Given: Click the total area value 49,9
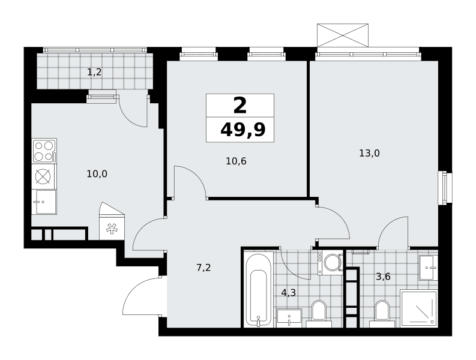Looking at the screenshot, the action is click(x=243, y=130).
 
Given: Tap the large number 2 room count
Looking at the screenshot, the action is click(x=240, y=106).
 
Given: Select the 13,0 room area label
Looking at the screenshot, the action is click(x=369, y=153).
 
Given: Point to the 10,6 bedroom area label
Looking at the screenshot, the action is click(x=236, y=161).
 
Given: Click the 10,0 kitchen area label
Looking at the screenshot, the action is click(x=97, y=174).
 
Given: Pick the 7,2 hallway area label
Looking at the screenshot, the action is click(x=203, y=268).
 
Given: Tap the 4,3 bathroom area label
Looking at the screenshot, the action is click(x=288, y=293).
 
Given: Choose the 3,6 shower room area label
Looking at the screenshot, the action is click(x=383, y=277).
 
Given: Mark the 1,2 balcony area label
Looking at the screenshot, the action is click(x=94, y=72).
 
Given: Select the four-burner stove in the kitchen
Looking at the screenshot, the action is click(x=44, y=151).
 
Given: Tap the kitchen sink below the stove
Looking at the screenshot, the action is click(x=44, y=202).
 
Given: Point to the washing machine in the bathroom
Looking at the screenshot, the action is click(x=331, y=262).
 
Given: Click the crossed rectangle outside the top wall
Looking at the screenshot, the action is click(x=343, y=35).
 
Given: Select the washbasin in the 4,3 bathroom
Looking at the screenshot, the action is click(x=289, y=318).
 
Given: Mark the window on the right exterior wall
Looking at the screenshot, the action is click(x=445, y=188).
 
